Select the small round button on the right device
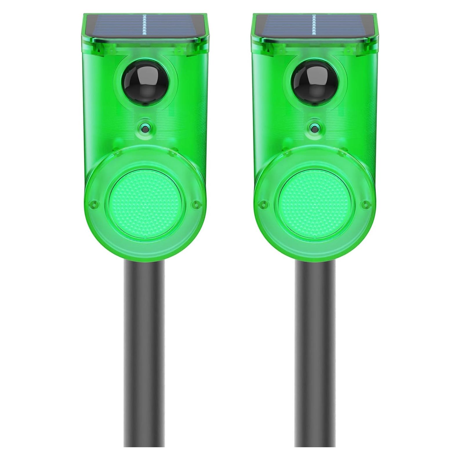point(313,127)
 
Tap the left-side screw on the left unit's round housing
point(93,203)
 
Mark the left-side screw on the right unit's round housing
point(263,203)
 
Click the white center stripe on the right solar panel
point(314,26)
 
